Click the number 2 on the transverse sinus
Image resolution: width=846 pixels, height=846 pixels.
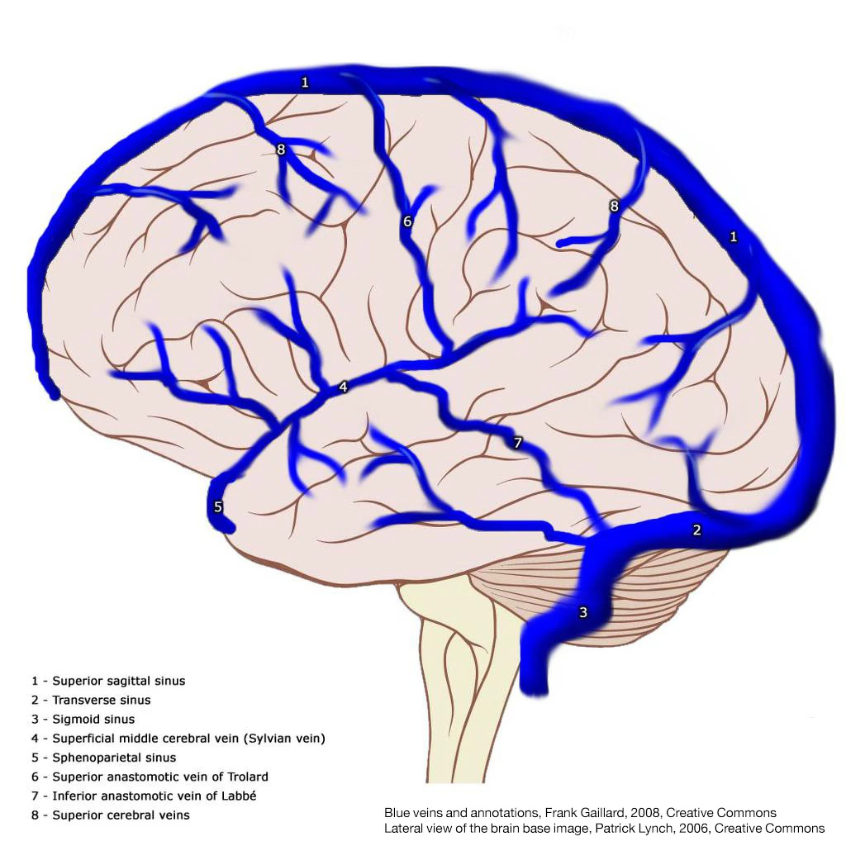(x=696, y=530)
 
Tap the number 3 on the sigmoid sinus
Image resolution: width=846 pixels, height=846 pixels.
(x=583, y=612)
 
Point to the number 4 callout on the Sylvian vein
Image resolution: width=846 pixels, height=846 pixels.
(x=343, y=387)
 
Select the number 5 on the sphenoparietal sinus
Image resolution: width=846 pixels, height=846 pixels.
(x=218, y=506)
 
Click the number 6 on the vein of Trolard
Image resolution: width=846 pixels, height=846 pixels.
(x=407, y=221)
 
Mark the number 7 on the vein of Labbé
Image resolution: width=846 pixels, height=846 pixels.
(x=517, y=443)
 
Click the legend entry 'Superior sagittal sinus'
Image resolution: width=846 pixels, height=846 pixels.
(x=118, y=681)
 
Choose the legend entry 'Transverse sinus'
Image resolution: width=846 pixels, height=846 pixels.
(x=101, y=700)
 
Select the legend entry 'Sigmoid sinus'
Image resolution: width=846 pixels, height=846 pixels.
(x=93, y=719)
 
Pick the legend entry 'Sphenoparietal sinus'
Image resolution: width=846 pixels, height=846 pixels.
(x=114, y=757)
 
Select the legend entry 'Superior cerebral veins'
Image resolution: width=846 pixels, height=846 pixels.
(x=121, y=815)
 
